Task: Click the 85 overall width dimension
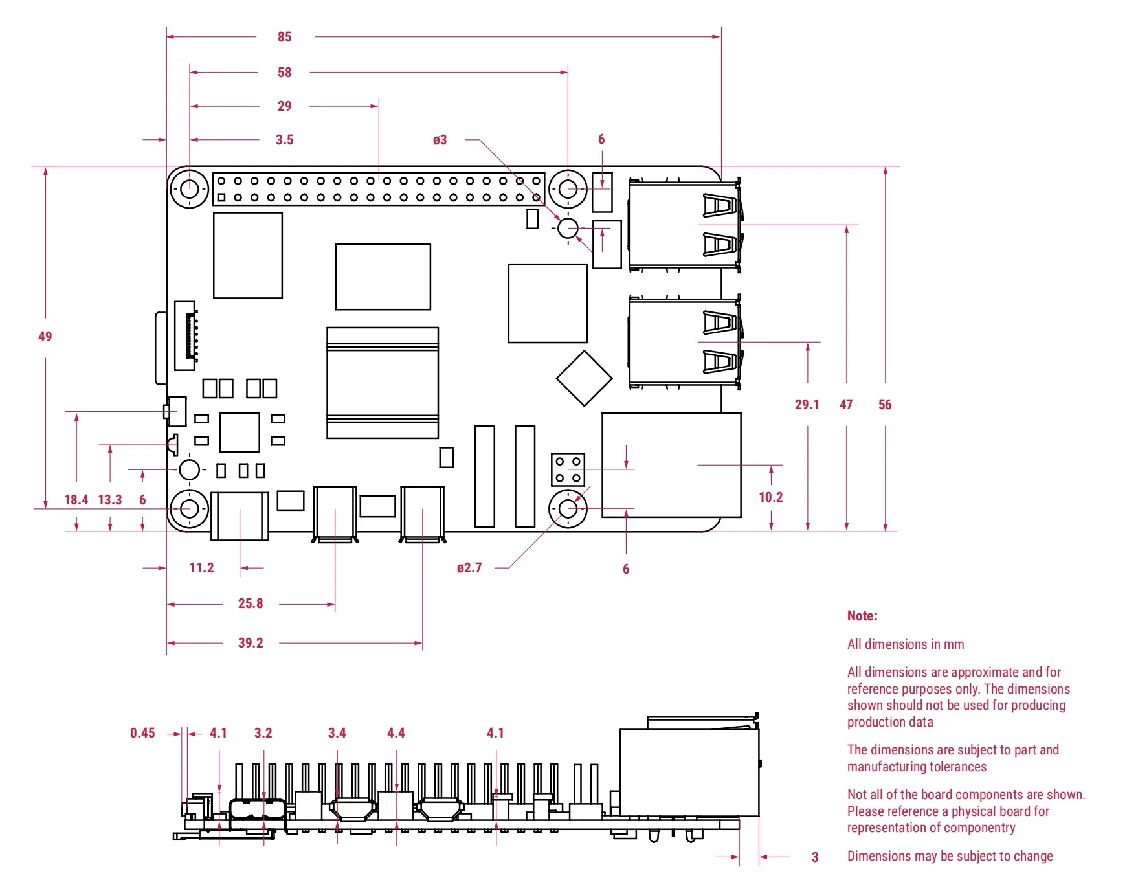click(285, 37)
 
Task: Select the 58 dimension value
click(285, 73)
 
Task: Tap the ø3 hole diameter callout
click(440, 140)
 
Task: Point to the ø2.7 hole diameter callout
click(469, 568)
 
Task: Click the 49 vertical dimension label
click(45, 336)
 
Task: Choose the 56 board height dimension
click(885, 405)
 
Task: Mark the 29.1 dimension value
click(807, 405)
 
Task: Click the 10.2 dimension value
click(771, 497)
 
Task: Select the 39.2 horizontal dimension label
click(251, 643)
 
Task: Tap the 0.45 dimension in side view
click(142, 733)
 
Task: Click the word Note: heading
click(862, 616)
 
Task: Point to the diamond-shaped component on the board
click(584, 379)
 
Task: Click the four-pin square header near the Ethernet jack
click(568, 469)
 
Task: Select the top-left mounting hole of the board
click(190, 189)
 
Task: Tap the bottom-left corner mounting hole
click(190, 509)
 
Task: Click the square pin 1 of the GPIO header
click(221, 197)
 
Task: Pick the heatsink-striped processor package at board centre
click(383, 383)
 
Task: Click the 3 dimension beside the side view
click(815, 857)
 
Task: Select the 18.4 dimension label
click(76, 500)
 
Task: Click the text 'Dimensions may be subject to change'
click(950, 856)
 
